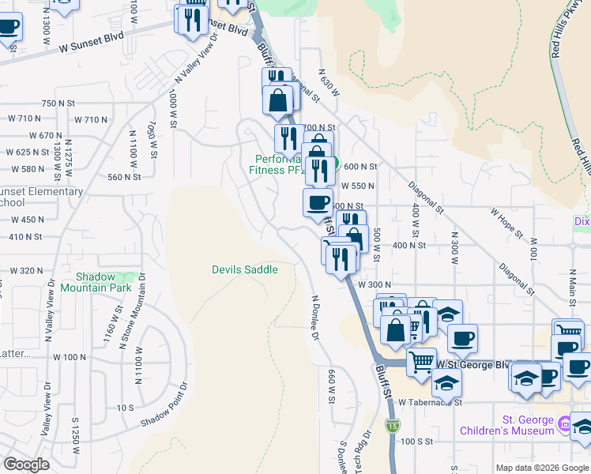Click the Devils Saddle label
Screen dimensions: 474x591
245,270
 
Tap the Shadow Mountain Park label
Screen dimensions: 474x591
107,283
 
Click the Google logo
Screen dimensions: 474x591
26,465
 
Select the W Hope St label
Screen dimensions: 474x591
507,223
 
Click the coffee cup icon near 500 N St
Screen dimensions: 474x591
318,202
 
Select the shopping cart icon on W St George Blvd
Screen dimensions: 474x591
421,362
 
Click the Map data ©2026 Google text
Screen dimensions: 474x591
541,468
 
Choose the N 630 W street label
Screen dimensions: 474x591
329,82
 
